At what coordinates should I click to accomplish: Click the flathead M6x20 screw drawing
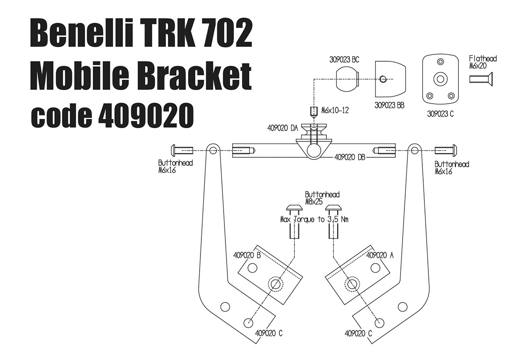coord(481,79)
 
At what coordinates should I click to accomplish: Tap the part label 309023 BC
coord(344,60)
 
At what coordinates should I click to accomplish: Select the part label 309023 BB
coord(389,105)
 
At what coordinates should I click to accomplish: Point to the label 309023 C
coord(440,114)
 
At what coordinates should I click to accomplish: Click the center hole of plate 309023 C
coord(440,79)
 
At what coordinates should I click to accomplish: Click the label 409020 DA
coord(282,128)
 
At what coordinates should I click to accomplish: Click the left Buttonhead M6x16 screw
coord(182,150)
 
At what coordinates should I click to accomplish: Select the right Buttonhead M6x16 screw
coord(445,150)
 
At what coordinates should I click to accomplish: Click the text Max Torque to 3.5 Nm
coord(314,219)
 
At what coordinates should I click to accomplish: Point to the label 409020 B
coord(247,255)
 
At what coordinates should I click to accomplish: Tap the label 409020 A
coord(380,255)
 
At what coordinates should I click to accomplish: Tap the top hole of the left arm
coord(213,150)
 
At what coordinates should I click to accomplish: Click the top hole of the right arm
coord(414,150)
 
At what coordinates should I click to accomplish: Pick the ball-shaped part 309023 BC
coord(348,79)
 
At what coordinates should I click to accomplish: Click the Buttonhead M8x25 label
coord(322,198)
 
